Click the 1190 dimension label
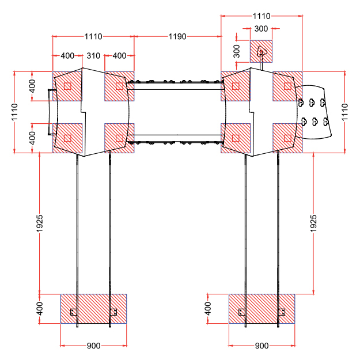pos(177,36)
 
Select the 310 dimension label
pos(93,56)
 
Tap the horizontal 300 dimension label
pos(261,28)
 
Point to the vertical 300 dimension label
pos(236,51)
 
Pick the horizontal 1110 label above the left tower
pos(93,36)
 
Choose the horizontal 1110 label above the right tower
pos(262,17)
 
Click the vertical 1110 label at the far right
pos(345,112)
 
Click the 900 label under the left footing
pos(93,346)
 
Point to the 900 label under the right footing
pos(262,346)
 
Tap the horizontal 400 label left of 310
pos(67,56)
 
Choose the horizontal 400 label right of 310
pos(119,56)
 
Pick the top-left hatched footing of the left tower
pos(67,86)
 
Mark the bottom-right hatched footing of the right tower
pos(287,138)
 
